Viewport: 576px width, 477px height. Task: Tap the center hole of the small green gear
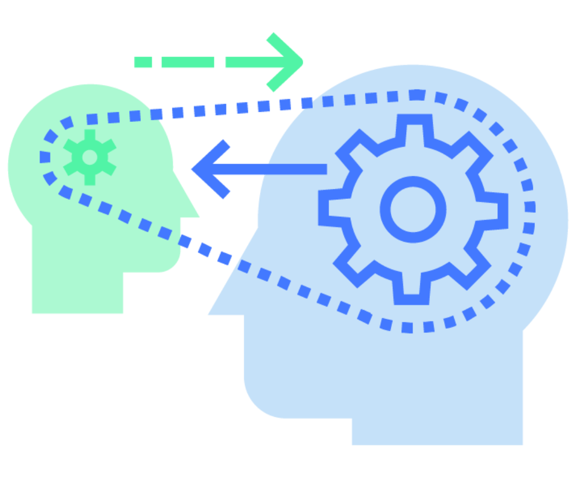[90, 157]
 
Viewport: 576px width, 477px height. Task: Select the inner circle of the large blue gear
[412, 209]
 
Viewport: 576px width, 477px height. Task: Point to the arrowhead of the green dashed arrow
[287, 62]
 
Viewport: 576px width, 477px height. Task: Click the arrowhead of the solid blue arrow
[208, 169]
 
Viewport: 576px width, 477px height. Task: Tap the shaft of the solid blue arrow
[274, 169]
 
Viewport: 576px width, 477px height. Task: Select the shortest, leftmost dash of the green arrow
[143, 62]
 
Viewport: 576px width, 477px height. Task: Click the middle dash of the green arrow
[188, 62]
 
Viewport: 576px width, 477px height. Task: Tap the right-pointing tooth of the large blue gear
[498, 211]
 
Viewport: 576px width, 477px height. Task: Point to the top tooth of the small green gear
[90, 135]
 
